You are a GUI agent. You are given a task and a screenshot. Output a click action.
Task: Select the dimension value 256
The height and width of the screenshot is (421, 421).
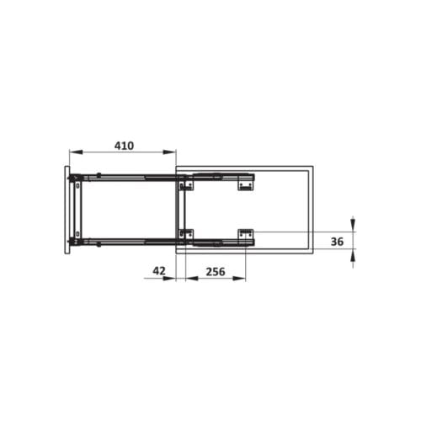[x=215, y=271]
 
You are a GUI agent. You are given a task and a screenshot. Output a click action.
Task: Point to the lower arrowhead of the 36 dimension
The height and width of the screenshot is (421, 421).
[x=352, y=257]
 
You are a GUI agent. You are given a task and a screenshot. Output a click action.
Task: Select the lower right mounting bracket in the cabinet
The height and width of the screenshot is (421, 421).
[x=245, y=235]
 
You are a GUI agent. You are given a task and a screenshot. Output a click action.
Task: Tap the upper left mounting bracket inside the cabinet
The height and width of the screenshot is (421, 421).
[x=187, y=182]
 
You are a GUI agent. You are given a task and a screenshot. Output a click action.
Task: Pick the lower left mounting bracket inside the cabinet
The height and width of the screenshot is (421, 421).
[x=187, y=235]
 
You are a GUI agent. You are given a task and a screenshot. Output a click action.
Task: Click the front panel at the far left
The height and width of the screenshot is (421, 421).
[x=67, y=210]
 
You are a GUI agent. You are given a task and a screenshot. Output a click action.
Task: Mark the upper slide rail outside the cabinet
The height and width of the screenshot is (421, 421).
[x=126, y=177]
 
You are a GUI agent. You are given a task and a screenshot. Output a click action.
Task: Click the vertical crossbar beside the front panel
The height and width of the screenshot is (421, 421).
[x=78, y=210]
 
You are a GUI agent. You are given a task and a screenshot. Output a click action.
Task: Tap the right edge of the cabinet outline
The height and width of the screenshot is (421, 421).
[x=312, y=210]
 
